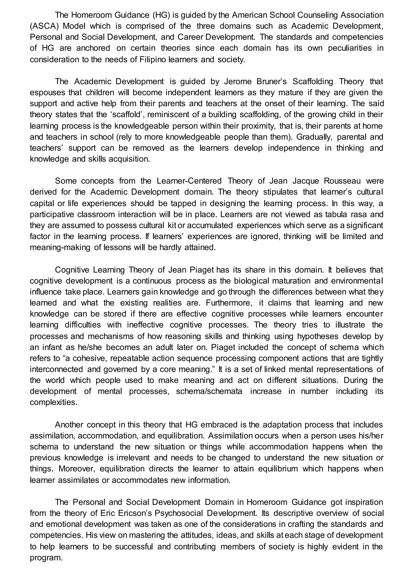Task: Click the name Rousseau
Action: pos(342,181)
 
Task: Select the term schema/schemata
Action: pos(209,391)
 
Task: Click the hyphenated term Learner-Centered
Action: pos(189,181)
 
